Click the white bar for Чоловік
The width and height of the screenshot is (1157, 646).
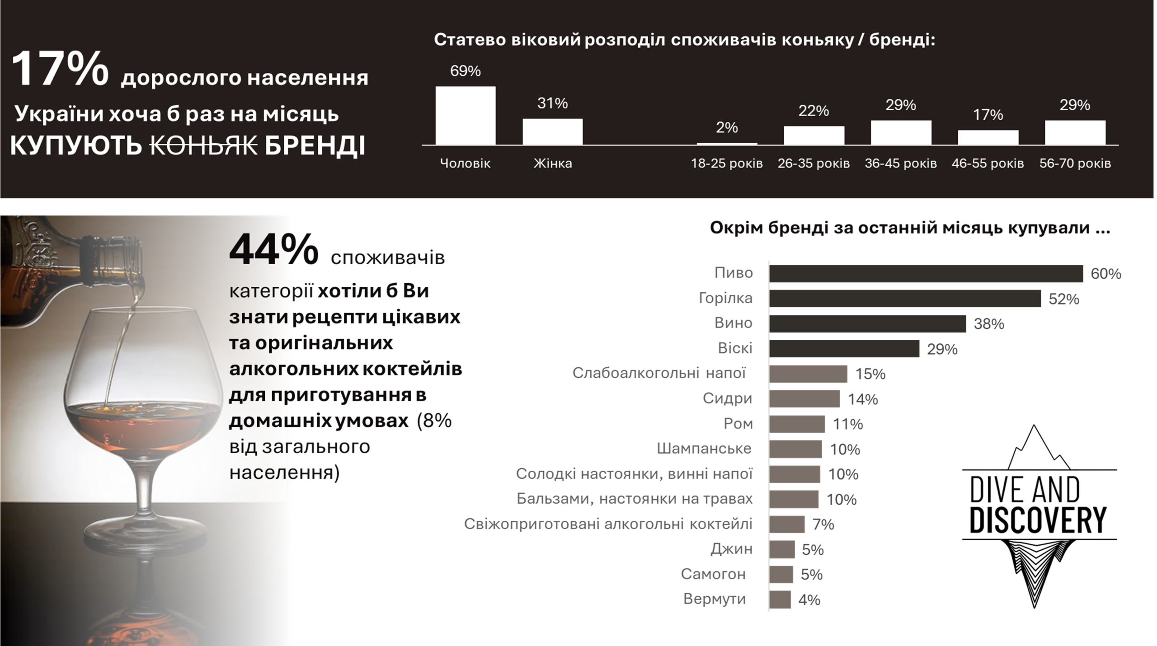coord(465,116)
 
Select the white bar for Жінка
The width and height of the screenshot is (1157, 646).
coord(552,131)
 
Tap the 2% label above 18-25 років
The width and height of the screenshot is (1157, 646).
coord(726,128)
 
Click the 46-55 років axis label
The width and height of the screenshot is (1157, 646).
coord(988,163)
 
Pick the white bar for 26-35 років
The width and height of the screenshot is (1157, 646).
coord(814,136)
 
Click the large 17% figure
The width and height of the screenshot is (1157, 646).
coord(60,69)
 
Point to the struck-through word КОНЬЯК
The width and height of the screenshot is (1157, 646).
coord(203,146)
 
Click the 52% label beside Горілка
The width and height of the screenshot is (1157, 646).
coord(1063,299)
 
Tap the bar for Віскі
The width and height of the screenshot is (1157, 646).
coord(844,349)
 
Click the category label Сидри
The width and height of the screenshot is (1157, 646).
coord(727,398)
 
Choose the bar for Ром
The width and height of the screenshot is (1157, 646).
coord(797,424)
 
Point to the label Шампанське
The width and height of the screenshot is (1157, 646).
coord(704,449)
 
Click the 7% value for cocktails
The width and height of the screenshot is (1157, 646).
coord(823,524)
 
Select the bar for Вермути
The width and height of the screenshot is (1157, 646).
coord(780,600)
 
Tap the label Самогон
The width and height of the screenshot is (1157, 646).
coord(713,574)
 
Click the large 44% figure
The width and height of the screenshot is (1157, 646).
coord(274,250)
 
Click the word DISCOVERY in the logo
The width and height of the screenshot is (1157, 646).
coord(1038,520)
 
